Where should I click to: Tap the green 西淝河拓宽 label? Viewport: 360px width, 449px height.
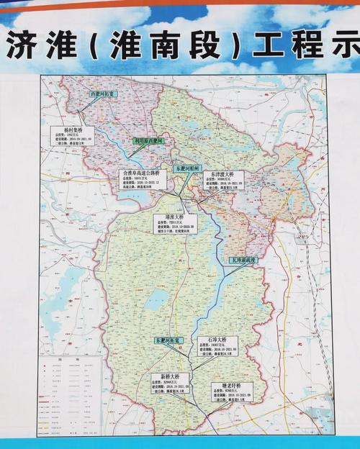pyautogui.click(x=102, y=94)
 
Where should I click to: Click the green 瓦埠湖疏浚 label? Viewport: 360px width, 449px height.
pyautogui.click(x=243, y=258)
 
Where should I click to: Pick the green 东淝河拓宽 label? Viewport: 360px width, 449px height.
pyautogui.click(x=170, y=338)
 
